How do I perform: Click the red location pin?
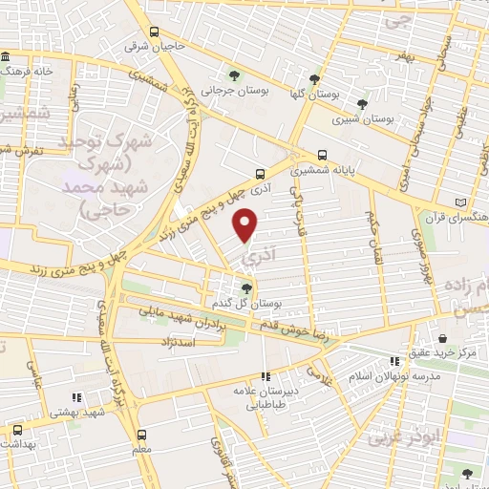point(246,224)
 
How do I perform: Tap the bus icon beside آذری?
point(261,174)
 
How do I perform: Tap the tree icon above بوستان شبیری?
point(361,104)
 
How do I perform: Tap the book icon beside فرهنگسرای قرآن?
point(463,203)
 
